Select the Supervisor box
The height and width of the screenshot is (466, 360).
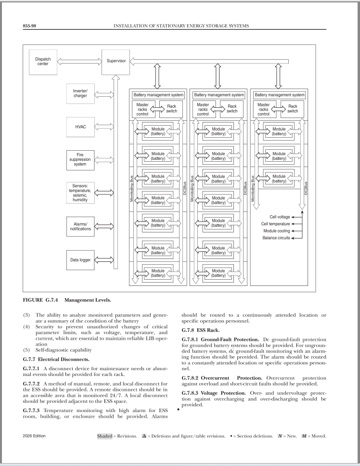116,62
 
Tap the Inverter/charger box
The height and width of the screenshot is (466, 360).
80,93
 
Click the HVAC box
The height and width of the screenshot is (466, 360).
80,127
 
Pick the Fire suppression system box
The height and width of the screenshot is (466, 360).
80,160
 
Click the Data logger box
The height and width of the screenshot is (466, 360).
80,259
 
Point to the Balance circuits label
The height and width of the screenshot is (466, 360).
276,238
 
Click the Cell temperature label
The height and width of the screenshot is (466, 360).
275,224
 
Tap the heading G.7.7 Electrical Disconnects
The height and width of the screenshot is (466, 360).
54,359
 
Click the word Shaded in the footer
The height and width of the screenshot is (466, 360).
104,436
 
